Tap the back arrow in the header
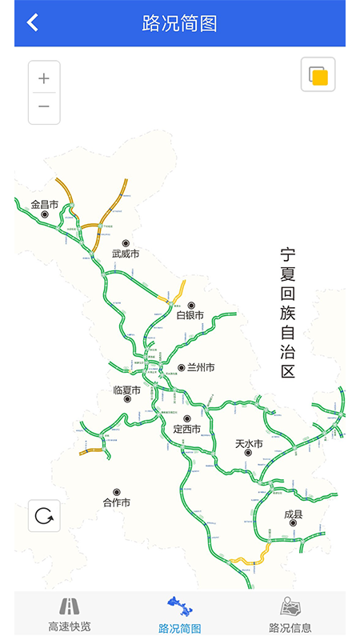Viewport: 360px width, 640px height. point(32,22)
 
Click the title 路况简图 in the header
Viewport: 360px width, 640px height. point(180,23)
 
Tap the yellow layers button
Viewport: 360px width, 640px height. point(318,75)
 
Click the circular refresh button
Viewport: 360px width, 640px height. point(44,516)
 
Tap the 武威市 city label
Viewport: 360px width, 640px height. point(126,254)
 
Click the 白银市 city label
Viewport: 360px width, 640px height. point(190,315)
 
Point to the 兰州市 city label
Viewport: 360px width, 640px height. point(200,368)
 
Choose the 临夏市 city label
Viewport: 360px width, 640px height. point(127,390)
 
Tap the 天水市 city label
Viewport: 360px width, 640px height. point(249,443)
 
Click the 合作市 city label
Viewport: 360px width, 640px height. point(117,502)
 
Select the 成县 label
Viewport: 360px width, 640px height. point(294,514)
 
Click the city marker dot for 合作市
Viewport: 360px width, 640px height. point(117,492)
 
